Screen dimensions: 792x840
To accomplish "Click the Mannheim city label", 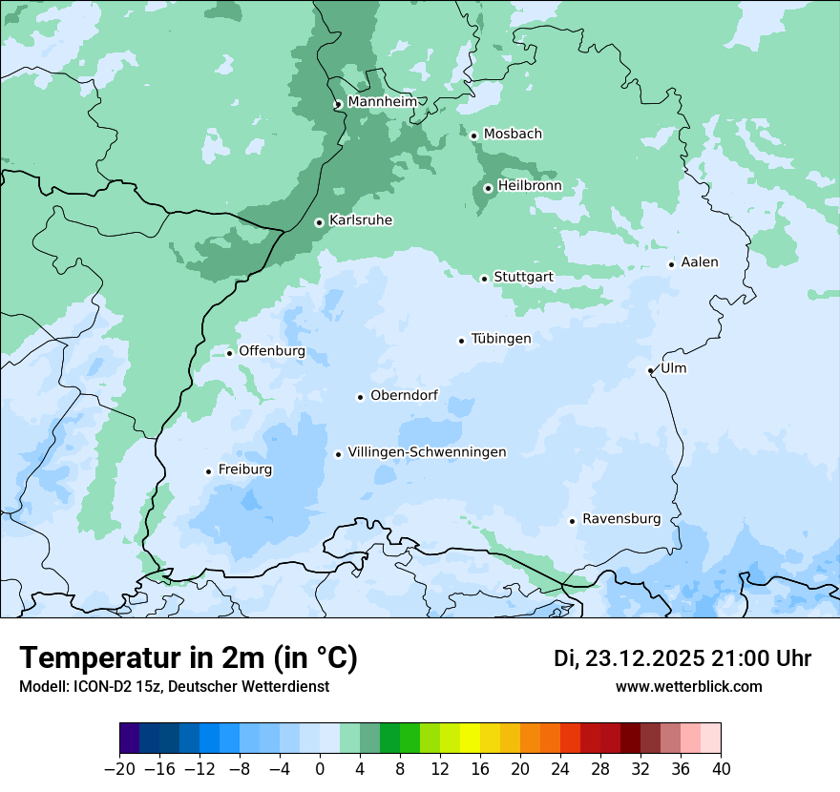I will tap(382, 101).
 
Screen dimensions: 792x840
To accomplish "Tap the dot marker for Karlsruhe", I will tap(319, 222).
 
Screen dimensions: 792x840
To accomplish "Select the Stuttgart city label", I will tap(523, 277).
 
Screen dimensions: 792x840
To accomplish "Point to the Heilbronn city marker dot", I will tap(488, 188).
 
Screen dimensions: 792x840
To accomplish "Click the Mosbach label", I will tap(513, 134).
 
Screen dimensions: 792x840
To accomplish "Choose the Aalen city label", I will tap(700, 261).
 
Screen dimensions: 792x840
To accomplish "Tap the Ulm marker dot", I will tap(650, 370).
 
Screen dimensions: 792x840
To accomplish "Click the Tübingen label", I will tap(501, 338).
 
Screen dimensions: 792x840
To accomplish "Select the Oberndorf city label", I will tap(404, 395).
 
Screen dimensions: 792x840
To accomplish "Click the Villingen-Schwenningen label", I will tap(427, 451).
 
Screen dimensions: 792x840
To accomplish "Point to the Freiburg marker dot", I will tap(208, 471).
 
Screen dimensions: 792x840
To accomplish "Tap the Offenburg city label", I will tap(272, 350).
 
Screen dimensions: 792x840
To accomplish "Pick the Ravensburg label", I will tap(621, 518).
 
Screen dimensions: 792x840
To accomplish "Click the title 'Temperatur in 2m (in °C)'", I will tap(189, 657).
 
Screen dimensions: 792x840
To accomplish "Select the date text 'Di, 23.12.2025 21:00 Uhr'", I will tap(682, 658).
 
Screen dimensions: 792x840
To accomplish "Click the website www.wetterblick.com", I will tap(688, 686).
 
